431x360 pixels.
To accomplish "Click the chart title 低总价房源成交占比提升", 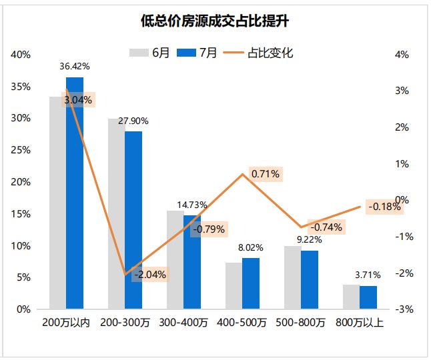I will [215, 21].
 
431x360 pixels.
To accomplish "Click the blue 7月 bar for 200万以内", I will [75, 200].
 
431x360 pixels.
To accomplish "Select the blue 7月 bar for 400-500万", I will [250, 283].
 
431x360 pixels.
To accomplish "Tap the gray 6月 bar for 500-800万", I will [292, 278].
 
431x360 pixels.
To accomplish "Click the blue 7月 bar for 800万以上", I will [368, 297].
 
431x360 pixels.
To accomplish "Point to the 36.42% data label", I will [75, 67].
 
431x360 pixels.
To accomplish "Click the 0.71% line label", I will [266, 174].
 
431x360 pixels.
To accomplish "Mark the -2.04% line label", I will [149, 274].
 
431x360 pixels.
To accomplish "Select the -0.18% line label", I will [384, 207].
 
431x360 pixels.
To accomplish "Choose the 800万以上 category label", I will [360, 323].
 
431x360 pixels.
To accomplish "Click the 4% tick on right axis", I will [402, 55].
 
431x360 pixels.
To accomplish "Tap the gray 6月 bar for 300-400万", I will [175, 260].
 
